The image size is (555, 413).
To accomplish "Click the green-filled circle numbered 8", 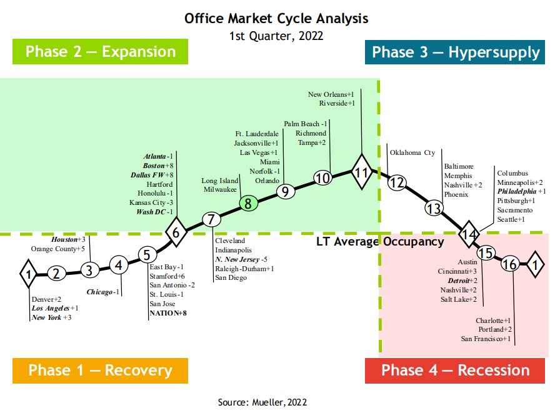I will (x=247, y=203).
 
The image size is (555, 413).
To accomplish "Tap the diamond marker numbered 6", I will (x=176, y=233).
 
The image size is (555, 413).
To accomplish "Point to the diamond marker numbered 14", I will (x=469, y=234).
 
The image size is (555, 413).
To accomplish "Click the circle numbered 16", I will (x=510, y=264).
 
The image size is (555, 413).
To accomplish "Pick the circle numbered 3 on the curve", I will (x=89, y=271).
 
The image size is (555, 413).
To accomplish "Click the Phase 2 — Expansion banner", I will (x=101, y=51).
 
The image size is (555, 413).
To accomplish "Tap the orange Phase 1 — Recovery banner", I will (x=100, y=370).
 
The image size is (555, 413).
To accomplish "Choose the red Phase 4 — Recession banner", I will (x=455, y=370).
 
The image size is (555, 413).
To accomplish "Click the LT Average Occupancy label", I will (x=380, y=242).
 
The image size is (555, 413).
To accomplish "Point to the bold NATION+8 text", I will (x=168, y=314).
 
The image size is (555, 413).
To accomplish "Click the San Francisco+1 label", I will (x=486, y=339).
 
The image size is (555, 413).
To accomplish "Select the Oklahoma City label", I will (x=412, y=152).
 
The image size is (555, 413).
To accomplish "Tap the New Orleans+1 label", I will (x=331, y=94).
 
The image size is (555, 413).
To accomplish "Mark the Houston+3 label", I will (x=68, y=239).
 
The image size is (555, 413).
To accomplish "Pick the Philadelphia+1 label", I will (x=521, y=191).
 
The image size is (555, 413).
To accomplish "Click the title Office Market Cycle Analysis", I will (x=276, y=18).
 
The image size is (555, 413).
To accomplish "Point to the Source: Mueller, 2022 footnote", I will (x=262, y=402).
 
